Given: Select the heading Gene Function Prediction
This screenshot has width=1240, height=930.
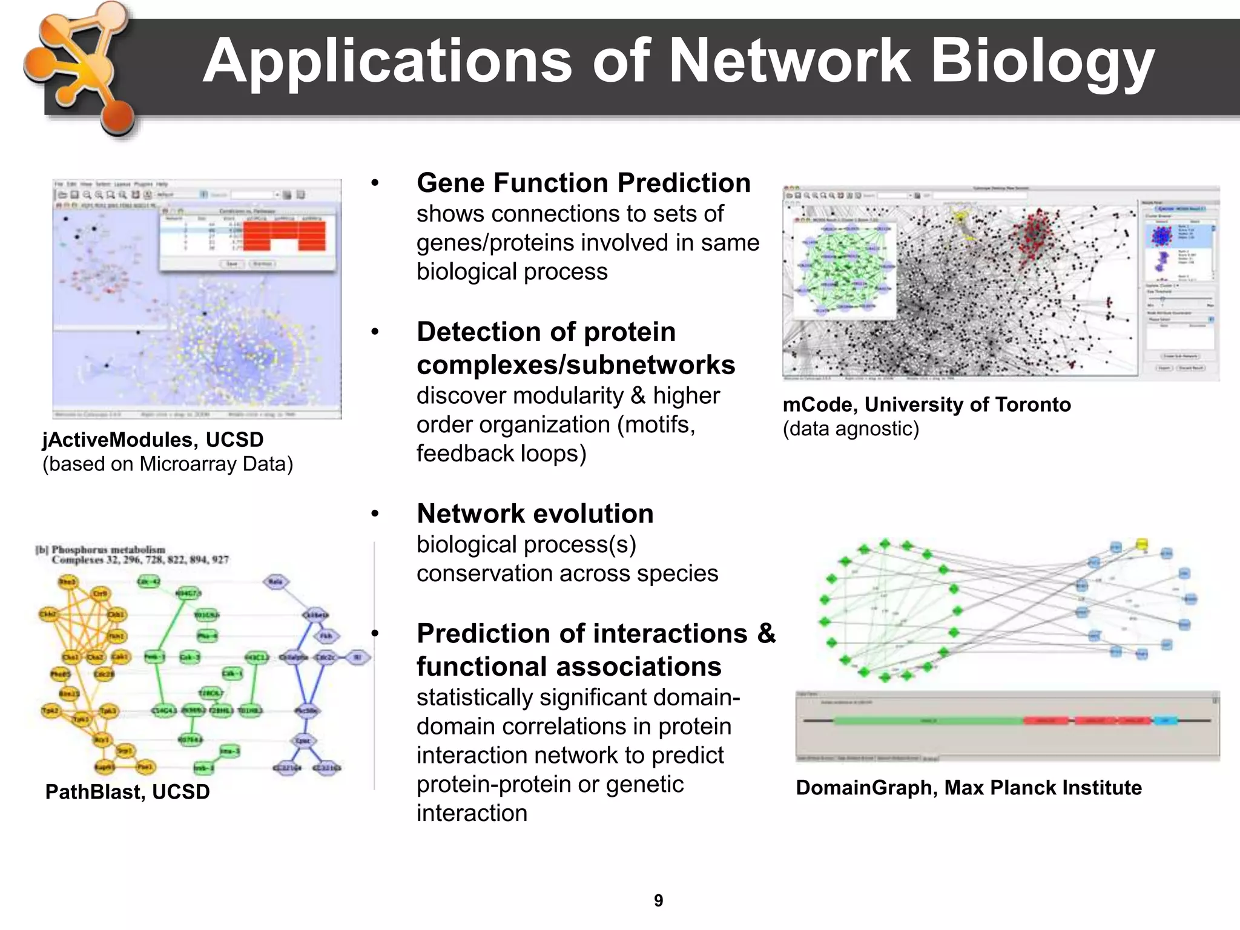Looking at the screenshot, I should pyautogui.click(x=583, y=183).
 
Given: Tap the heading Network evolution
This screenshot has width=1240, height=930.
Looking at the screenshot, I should pyautogui.click(x=535, y=513).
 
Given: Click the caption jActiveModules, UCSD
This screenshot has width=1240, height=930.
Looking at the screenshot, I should pyautogui.click(x=153, y=440).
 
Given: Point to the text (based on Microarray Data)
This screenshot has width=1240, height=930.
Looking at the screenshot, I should pyautogui.click(x=168, y=464).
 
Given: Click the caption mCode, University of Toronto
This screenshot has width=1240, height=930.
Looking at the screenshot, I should pyautogui.click(x=926, y=404).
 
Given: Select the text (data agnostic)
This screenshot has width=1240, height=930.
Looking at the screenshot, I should pyautogui.click(x=851, y=429).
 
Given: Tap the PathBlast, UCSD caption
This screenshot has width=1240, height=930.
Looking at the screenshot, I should pyautogui.click(x=127, y=792).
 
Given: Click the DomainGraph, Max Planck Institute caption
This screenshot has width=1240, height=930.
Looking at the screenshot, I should pyautogui.click(x=968, y=788).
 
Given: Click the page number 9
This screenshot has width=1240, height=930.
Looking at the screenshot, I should pyautogui.click(x=658, y=901).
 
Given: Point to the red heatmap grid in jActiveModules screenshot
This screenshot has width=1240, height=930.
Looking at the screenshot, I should pyautogui.click(x=285, y=236).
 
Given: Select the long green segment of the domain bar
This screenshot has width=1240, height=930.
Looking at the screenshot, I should pyautogui.click(x=928, y=721).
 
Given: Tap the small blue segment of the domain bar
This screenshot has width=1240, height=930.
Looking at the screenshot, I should pyautogui.click(x=1165, y=721).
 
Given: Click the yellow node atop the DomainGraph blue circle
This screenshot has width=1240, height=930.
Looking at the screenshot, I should pyautogui.click(x=1141, y=544).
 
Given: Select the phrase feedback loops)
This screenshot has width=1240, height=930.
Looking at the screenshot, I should pyautogui.click(x=501, y=453).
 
